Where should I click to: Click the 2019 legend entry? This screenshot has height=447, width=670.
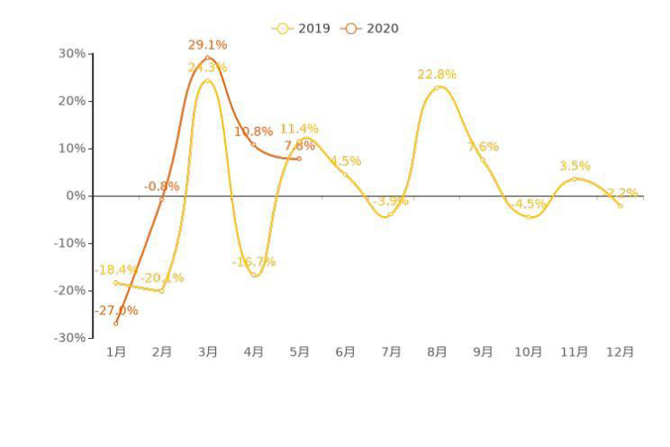(x=302, y=29)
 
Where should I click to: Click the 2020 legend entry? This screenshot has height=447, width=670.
(x=370, y=29)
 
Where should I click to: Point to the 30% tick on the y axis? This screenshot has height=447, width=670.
(x=73, y=54)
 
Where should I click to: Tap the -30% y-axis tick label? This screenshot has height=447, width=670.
(x=71, y=338)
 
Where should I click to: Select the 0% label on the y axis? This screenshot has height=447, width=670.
(x=77, y=196)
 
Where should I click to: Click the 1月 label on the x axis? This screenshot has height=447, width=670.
(x=116, y=352)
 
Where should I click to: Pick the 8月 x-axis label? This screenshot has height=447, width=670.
(x=437, y=352)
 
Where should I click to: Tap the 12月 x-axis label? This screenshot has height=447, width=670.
(x=620, y=352)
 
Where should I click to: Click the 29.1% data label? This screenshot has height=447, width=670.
(x=207, y=45)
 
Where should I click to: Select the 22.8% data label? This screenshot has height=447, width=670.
(x=437, y=75)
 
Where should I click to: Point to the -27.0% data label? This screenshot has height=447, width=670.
(x=116, y=311)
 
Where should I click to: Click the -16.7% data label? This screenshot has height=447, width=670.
(x=254, y=262)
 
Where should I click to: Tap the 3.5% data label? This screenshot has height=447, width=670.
(x=575, y=166)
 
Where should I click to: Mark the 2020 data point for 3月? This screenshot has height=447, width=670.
(x=208, y=58)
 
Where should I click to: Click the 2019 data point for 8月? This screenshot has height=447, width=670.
(x=437, y=87)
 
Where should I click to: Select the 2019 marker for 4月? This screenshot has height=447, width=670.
(x=254, y=275)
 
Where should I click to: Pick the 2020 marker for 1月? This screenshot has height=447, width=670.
(x=116, y=324)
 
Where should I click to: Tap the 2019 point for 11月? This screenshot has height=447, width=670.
(x=575, y=179)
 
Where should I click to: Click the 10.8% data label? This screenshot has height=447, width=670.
(x=253, y=132)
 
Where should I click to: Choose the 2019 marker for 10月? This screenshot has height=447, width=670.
(x=529, y=217)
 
